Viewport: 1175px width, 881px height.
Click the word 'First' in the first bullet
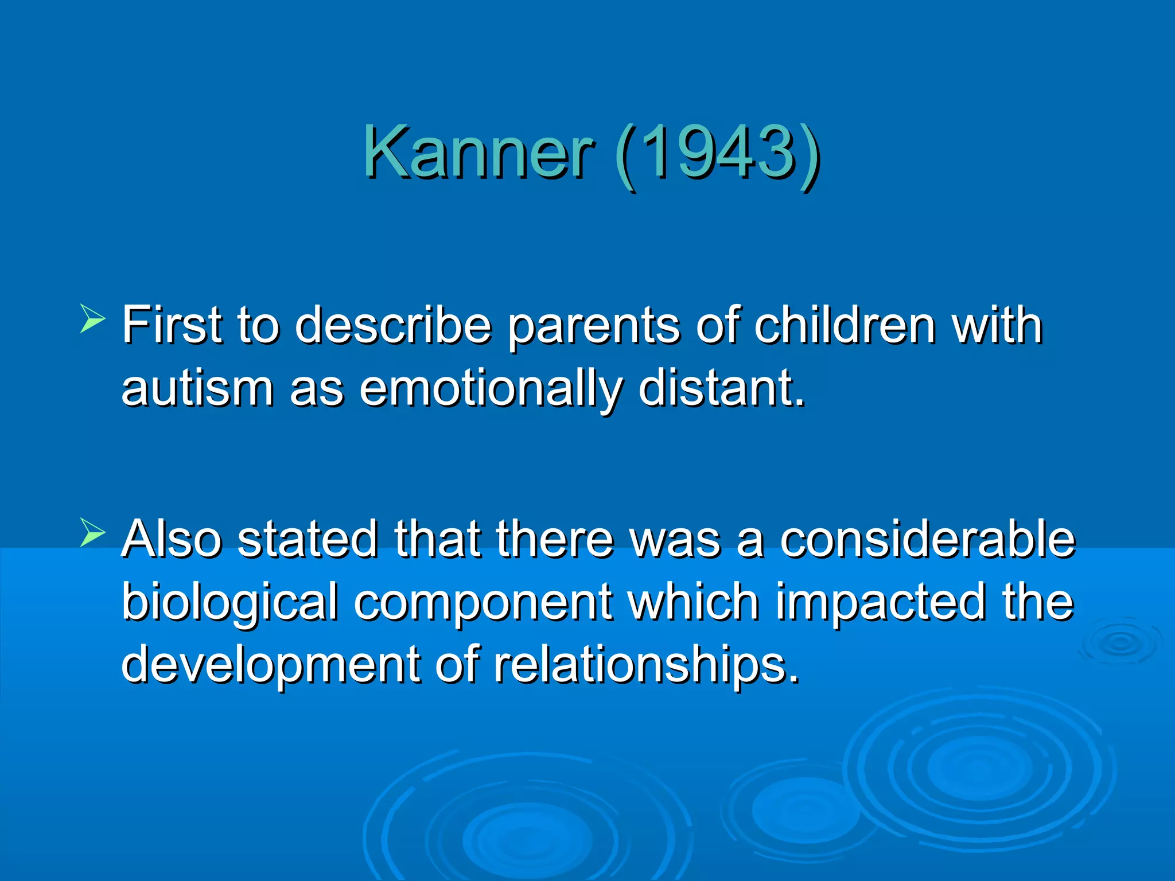click(172, 325)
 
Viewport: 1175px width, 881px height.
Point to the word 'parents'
click(593, 327)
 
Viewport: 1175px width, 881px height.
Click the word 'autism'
click(197, 388)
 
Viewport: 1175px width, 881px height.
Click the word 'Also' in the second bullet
click(172, 539)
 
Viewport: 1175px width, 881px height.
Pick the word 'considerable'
click(927, 539)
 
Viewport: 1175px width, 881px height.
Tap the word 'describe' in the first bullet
click(393, 325)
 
